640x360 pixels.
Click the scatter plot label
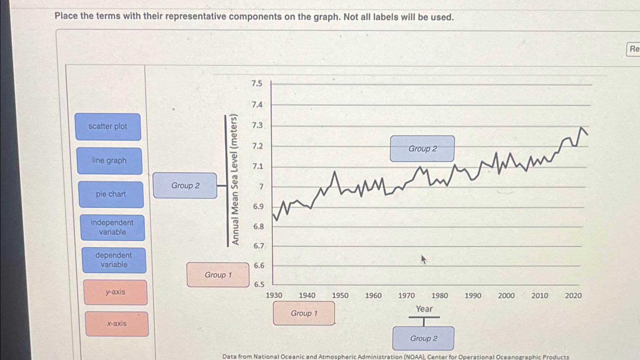click(x=108, y=127)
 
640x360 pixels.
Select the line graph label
click(x=110, y=161)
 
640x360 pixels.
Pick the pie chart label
click(x=111, y=194)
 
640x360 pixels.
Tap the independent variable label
click(x=112, y=228)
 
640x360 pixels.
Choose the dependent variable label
click(x=114, y=260)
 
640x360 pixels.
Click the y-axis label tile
click(x=116, y=292)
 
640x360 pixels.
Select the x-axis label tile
click(x=117, y=324)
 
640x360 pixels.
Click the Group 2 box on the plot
click(x=422, y=149)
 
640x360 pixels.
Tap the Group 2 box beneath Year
click(x=423, y=338)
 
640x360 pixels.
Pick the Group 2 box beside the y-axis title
click(x=185, y=186)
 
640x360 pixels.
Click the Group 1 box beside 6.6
click(x=218, y=275)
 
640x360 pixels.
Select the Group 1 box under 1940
click(x=304, y=313)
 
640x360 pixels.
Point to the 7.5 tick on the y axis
click(x=257, y=83)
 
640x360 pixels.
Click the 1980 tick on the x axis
click(x=440, y=296)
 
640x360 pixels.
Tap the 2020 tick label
click(x=573, y=296)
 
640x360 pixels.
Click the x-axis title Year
click(x=424, y=309)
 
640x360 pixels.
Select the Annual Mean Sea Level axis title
click(x=235, y=180)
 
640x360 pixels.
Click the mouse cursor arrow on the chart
click(x=423, y=260)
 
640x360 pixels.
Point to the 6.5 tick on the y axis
click(x=259, y=285)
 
